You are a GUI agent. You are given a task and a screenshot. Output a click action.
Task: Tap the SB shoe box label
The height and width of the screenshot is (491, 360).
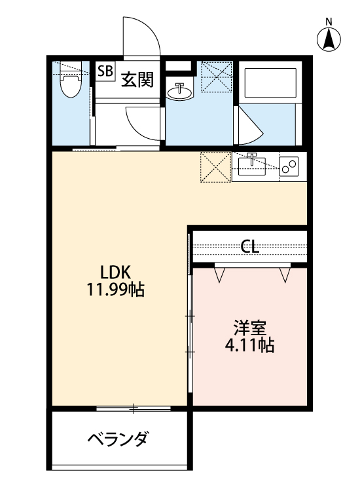pos(105,71)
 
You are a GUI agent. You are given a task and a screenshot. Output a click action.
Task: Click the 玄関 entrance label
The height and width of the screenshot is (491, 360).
pos(137,80)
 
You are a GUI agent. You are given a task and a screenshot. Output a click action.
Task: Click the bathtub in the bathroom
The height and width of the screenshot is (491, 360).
pos(269,82)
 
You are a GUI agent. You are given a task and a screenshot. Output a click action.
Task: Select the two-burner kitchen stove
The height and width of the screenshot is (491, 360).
pos(289,165)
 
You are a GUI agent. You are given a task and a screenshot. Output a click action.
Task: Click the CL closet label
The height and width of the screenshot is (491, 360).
pos(250,246)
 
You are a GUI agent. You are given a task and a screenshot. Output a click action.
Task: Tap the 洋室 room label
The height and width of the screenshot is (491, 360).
pos(249,327)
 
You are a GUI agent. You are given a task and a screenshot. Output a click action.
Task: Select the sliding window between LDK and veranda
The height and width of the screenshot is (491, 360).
pos(134,409)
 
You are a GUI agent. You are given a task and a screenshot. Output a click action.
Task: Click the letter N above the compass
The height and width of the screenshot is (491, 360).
pos(330,20)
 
